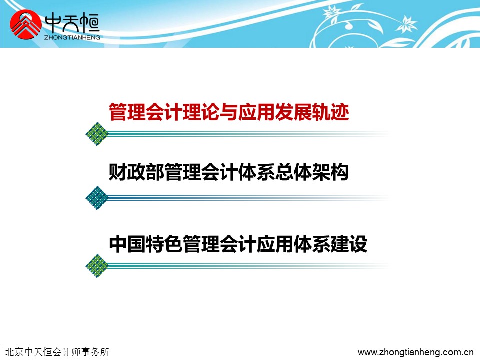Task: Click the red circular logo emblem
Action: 26,25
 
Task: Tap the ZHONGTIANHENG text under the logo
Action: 72,37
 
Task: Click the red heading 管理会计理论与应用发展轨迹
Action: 229,112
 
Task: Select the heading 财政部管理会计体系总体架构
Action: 228,172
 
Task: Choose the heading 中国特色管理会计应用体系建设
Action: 238,244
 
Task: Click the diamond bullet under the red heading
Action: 97,134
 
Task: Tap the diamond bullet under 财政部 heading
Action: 97,198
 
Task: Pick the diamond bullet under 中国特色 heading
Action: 97,266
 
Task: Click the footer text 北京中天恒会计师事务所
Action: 57,352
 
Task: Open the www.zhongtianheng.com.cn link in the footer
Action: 415,352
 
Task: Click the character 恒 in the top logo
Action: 89,24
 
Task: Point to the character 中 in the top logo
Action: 53,24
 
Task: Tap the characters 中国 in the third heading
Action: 127,244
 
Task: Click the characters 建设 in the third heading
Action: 349,244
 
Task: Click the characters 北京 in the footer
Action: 14,352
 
